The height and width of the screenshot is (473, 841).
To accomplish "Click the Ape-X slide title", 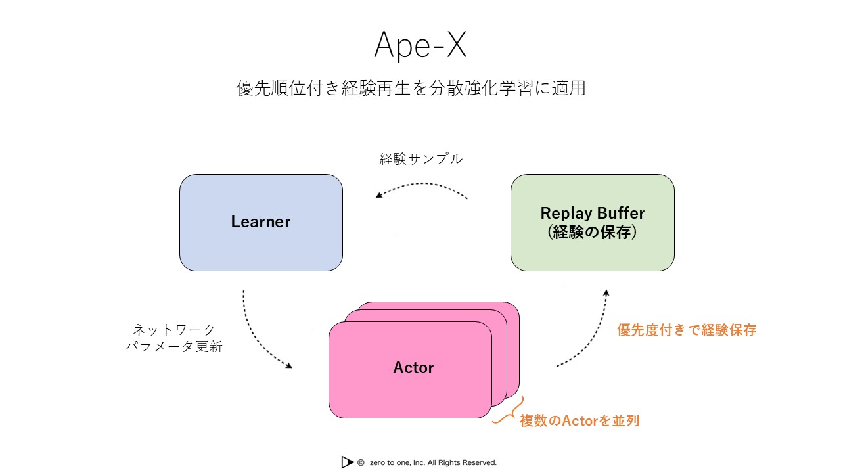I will pyautogui.click(x=420, y=45).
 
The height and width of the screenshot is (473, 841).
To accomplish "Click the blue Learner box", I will pyautogui.click(x=261, y=246).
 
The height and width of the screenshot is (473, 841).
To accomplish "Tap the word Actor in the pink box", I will pyautogui.click(x=413, y=368).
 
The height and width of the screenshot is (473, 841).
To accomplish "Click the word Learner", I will pyautogui.click(x=261, y=222).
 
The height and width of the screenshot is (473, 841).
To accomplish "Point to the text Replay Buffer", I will pyautogui.click(x=592, y=213).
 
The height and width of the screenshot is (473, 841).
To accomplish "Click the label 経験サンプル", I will pyautogui.click(x=420, y=159).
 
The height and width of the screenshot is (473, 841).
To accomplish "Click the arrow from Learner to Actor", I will pyautogui.click(x=258, y=335).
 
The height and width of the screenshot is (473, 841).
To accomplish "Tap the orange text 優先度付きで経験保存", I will pyautogui.click(x=687, y=330).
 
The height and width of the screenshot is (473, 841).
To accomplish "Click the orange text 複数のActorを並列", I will pyautogui.click(x=579, y=420).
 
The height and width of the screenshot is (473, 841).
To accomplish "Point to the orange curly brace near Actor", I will pyautogui.click(x=507, y=412).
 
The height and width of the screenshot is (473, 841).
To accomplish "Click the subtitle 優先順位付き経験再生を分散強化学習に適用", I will pyautogui.click(x=411, y=88).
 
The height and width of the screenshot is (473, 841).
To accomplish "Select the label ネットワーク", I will pyautogui.click(x=174, y=329).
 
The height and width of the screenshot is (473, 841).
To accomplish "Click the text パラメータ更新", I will pyautogui.click(x=174, y=347).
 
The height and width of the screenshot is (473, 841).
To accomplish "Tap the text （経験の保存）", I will pyautogui.click(x=592, y=232).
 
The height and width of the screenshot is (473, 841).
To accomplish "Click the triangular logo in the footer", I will pyautogui.click(x=347, y=462).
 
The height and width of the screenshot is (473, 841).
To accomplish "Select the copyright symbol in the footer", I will pyautogui.click(x=361, y=462).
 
